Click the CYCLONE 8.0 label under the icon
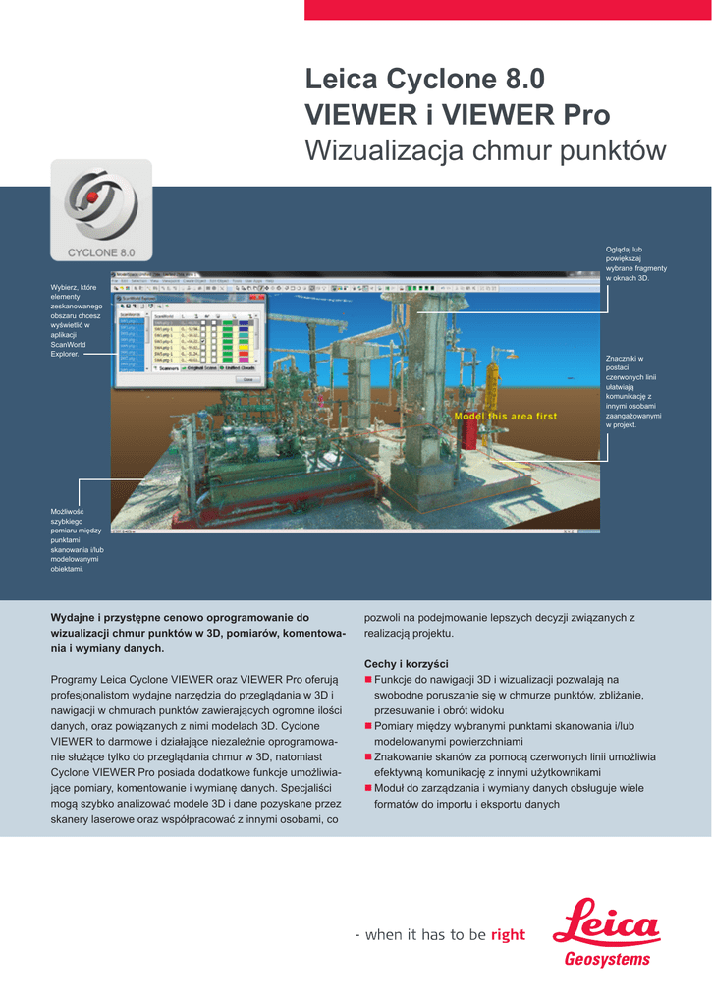[101, 253]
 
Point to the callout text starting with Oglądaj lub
[635, 264]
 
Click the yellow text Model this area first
[505, 417]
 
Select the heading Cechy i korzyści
[406, 663]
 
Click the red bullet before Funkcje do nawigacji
[368, 679]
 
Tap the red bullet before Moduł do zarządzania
[368, 788]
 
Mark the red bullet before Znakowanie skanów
[368, 757]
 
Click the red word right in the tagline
[508, 934]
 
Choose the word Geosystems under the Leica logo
[607, 960]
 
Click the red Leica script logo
[606, 923]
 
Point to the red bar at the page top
[508, 10]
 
